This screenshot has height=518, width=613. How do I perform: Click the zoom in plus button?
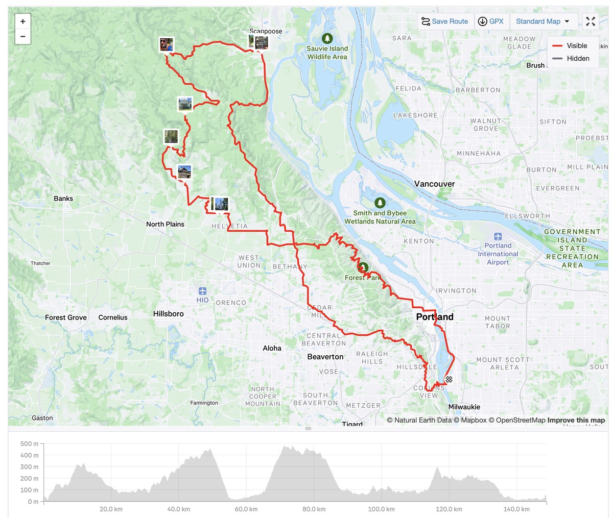(x=23, y=21)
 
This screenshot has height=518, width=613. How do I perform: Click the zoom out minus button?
(x=23, y=36)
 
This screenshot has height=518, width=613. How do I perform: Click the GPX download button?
(x=490, y=21)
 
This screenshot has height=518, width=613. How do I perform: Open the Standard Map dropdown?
(x=544, y=21)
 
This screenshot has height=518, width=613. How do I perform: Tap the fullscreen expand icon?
(x=591, y=21)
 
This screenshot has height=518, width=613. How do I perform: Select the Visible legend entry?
(x=571, y=46)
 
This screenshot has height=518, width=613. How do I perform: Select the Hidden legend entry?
(x=571, y=59)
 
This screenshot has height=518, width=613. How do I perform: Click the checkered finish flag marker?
(x=449, y=379)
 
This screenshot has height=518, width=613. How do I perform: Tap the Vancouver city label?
(x=434, y=184)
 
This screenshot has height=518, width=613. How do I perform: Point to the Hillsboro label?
(x=168, y=314)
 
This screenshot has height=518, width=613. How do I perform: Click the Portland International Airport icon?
(x=498, y=236)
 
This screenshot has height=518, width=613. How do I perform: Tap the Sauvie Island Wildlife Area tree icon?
(x=327, y=38)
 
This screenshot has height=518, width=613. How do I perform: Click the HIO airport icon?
(x=203, y=291)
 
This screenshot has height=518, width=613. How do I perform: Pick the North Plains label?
(x=165, y=224)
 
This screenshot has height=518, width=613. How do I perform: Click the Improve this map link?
(x=576, y=420)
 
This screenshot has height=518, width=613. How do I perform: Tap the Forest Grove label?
(x=66, y=317)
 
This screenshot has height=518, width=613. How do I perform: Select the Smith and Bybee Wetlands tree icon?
(x=380, y=203)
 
